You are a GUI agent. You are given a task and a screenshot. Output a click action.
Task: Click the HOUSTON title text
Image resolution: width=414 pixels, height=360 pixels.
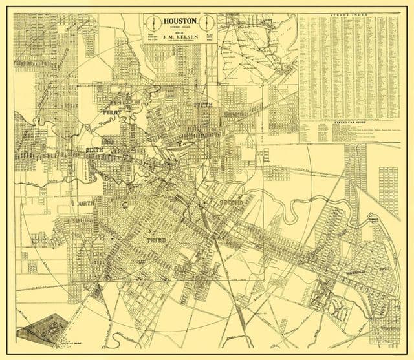pyautogui.click(x=180, y=21)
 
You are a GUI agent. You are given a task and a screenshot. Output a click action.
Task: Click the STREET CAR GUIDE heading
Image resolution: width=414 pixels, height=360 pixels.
pyautogui.click(x=349, y=121)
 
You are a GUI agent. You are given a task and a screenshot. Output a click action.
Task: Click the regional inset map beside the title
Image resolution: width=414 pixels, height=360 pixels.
pyautogui.click(x=257, y=48)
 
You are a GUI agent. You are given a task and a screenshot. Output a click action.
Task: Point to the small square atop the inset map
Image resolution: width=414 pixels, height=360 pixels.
pyautogui.click(x=263, y=19)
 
